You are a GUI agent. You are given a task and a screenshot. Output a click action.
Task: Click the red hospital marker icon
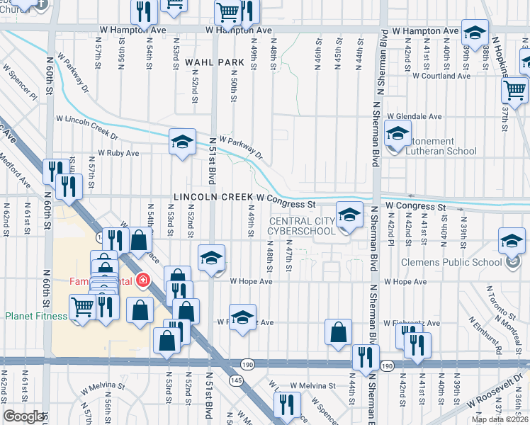pos(143,280)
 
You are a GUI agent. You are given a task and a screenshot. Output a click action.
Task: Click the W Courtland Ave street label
pos(441,75)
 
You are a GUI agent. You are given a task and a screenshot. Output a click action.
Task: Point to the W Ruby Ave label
pos(118,152)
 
